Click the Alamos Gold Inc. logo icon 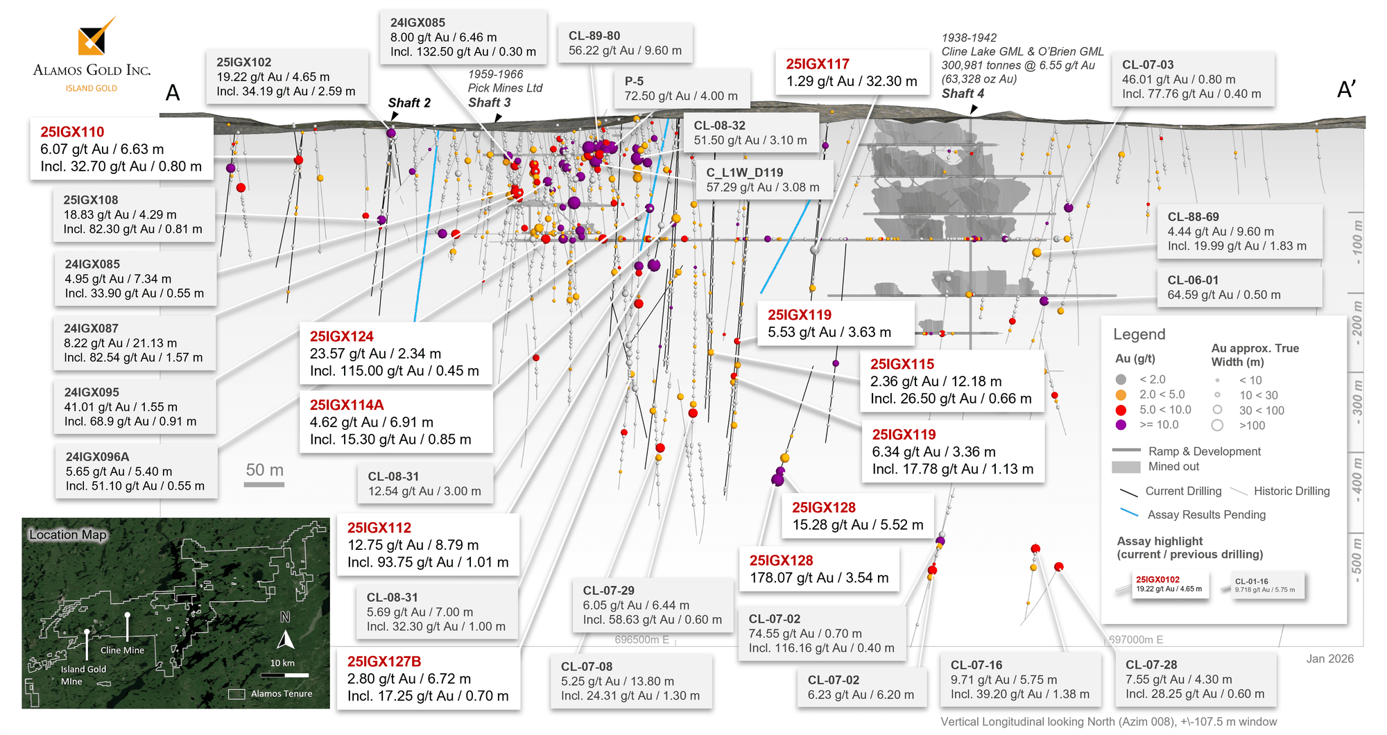click(x=95, y=37)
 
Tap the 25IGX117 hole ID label click(x=818, y=64)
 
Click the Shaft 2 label click(x=409, y=103)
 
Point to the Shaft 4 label click(x=963, y=94)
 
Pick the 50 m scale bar click(x=264, y=484)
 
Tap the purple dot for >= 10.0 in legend click(x=1121, y=425)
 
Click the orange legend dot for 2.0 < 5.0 click(x=1121, y=395)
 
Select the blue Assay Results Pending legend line click(x=1129, y=513)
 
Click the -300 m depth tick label click(x=1357, y=402)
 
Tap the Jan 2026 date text click(x=1329, y=659)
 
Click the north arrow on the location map click(x=286, y=639)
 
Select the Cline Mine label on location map click(x=123, y=650)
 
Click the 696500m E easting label click(x=641, y=639)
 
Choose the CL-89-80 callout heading click(x=594, y=36)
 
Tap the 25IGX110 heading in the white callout click(x=72, y=132)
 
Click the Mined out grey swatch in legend click(x=1126, y=467)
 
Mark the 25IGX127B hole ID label click(x=384, y=662)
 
